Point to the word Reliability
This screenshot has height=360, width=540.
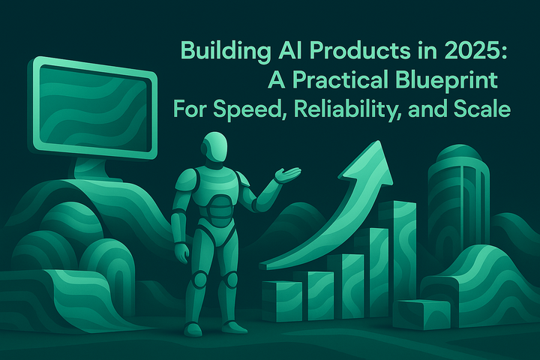[324, 109]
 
